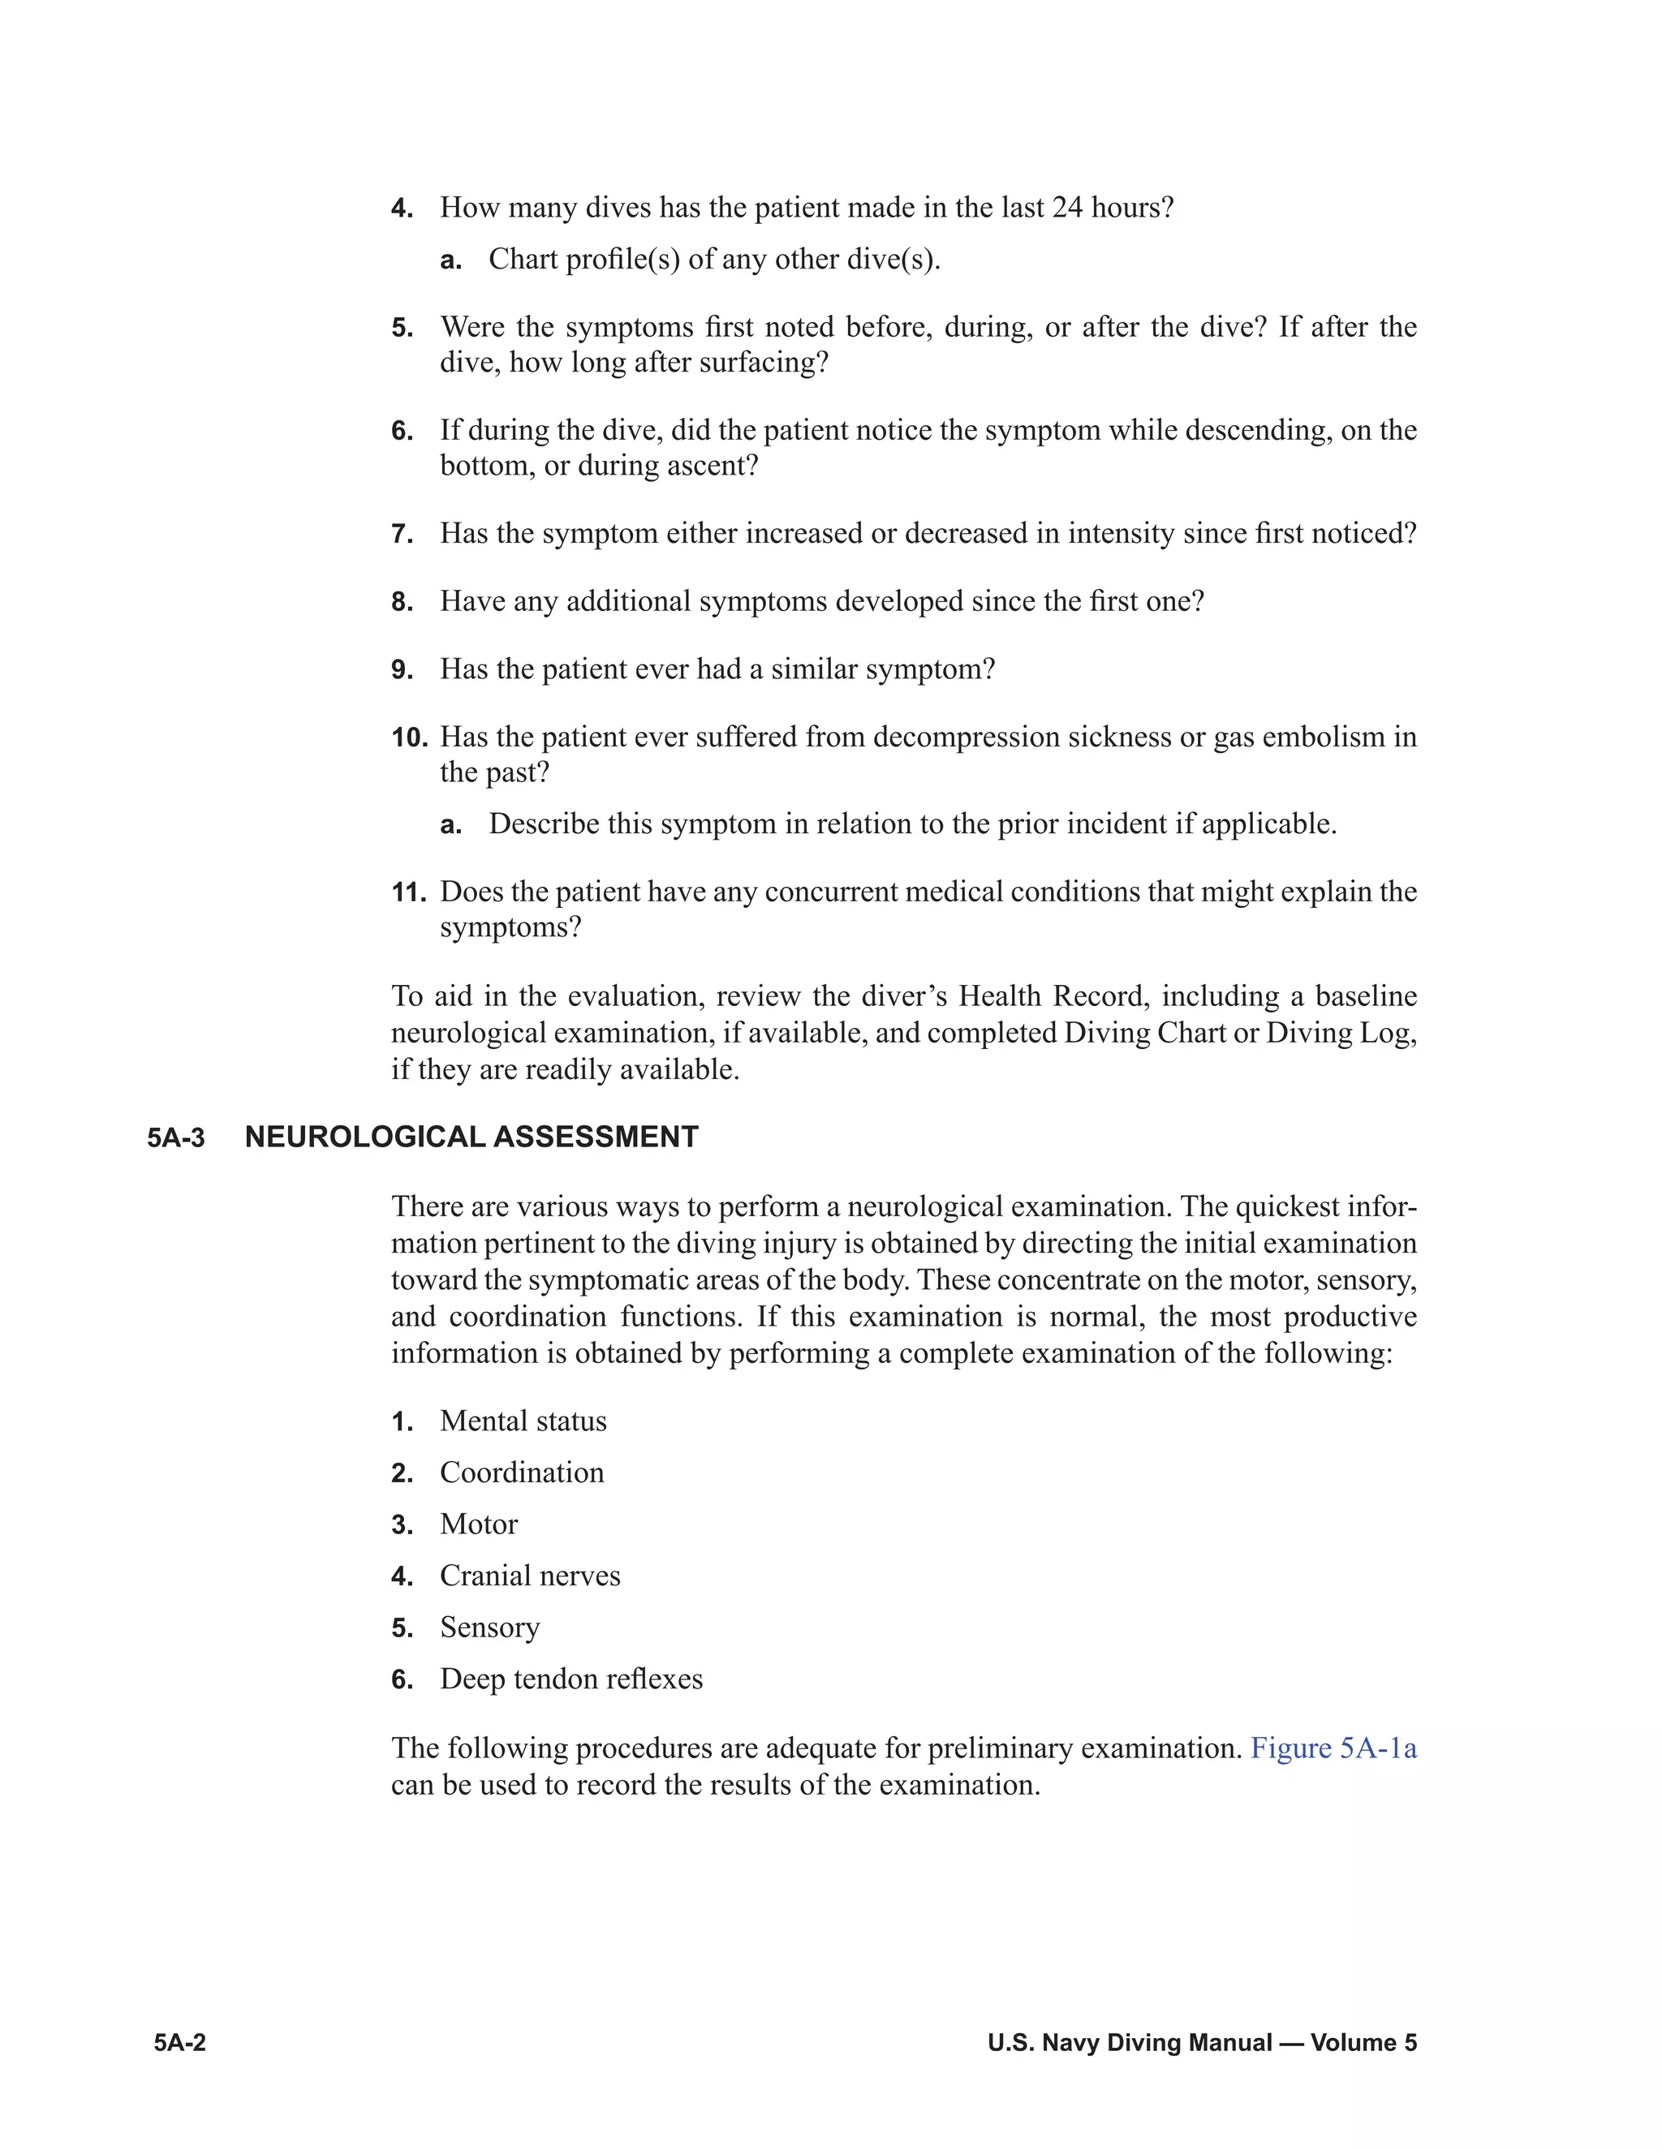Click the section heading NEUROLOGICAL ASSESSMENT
pos(471,1137)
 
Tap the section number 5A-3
pos(176,1138)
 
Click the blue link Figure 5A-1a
pos(1333,1748)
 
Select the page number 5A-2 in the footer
pos(179,2043)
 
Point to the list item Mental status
pos(523,1421)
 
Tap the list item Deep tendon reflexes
pos(571,1679)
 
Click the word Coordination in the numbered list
pos(522,1473)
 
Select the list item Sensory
pos(489,1628)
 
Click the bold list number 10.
pos(409,737)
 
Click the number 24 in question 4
pos(1067,208)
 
